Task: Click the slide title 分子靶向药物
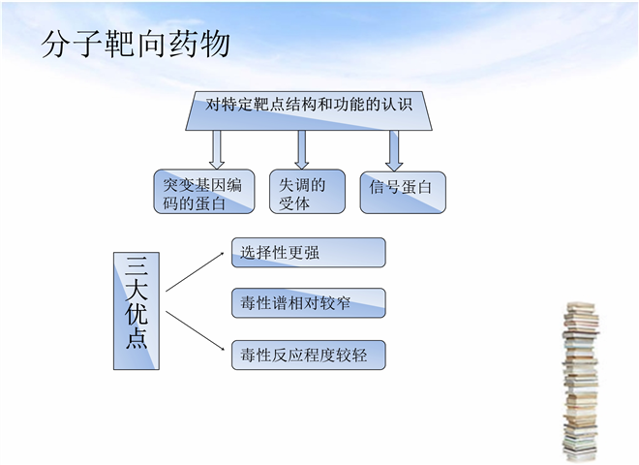point(137,44)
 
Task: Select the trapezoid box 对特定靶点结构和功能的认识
point(309,111)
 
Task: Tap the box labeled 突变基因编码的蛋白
point(204,192)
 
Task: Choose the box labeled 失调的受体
point(307,192)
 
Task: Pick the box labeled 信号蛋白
point(403,193)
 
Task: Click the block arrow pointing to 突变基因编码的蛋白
point(217,150)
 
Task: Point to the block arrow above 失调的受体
point(301,150)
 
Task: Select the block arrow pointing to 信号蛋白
point(394,151)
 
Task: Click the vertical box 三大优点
point(137,311)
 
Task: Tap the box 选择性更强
point(309,253)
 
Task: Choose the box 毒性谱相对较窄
point(309,303)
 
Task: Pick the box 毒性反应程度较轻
point(309,356)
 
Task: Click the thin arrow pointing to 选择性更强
point(195,272)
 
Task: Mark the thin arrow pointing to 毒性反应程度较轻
point(195,330)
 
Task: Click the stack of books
point(580,382)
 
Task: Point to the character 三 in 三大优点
point(137,266)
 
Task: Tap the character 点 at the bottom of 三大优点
point(137,338)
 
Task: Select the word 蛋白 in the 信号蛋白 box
point(416,187)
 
